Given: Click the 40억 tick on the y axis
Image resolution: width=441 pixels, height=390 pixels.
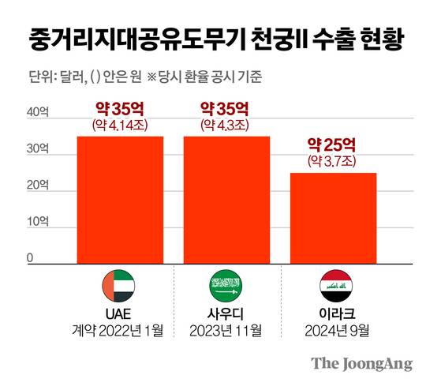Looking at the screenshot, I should pyautogui.click(x=38, y=113).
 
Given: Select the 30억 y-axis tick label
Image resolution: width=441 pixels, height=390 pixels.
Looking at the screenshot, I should pyautogui.click(x=38, y=149).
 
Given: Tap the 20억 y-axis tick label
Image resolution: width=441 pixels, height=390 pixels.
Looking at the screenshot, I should pyautogui.click(x=38, y=186).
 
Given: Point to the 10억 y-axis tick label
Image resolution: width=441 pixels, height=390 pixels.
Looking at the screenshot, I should pyautogui.click(x=38, y=223).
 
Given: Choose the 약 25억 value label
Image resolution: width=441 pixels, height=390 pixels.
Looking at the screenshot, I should pyautogui.click(x=332, y=144).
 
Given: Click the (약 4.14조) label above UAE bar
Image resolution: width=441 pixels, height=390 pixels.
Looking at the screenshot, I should pyautogui.click(x=120, y=124).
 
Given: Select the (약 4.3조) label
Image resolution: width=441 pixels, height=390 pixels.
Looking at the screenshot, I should pyautogui.click(x=226, y=124).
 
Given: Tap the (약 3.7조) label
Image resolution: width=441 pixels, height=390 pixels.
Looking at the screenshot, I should pyautogui.click(x=332, y=161).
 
